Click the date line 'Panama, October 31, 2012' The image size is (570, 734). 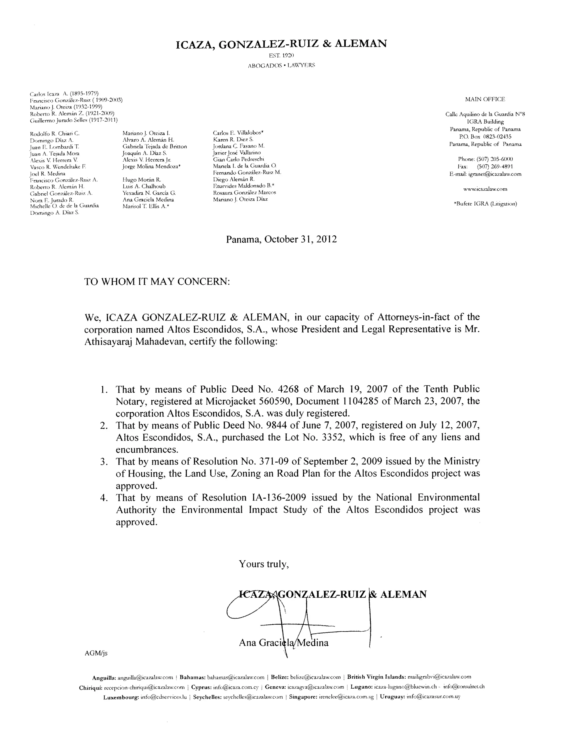281,239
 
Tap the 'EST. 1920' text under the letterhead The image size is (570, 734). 282,55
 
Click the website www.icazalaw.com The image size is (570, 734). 485,189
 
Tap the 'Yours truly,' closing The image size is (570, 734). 264,564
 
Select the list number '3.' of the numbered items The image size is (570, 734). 104,462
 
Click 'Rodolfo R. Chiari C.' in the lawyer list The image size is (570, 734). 55,134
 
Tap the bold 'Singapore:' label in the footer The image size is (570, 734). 301,697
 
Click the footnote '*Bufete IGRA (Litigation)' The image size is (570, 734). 485,204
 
